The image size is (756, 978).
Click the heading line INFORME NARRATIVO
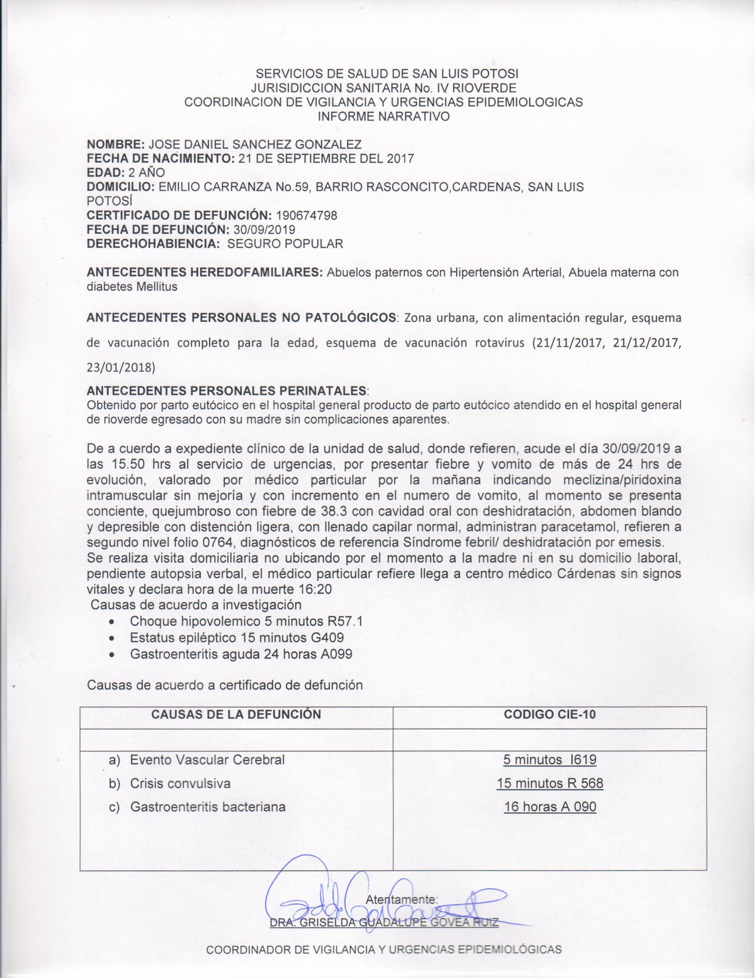(x=383, y=117)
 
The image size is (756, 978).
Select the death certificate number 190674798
(x=307, y=216)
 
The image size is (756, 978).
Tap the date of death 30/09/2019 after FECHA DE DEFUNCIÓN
(x=264, y=230)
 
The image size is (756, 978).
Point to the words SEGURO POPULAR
(x=286, y=244)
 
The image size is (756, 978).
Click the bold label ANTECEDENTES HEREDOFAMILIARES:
(x=205, y=273)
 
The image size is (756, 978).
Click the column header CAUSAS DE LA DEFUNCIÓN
(x=236, y=714)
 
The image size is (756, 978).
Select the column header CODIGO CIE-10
(x=550, y=714)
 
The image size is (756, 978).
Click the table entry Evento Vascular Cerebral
(x=207, y=760)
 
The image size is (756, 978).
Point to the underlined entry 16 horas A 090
(x=550, y=807)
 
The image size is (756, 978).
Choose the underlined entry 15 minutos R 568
(x=550, y=784)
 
